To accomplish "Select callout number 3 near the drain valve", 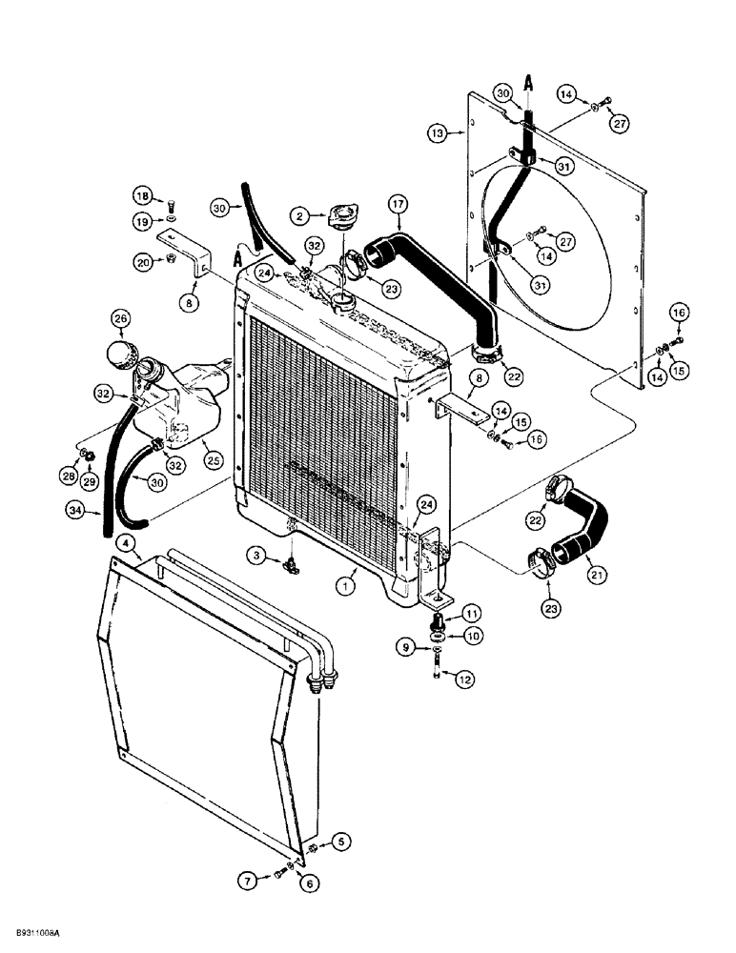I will tap(257, 553).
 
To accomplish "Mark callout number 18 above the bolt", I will tap(142, 195).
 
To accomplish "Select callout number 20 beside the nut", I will tap(142, 261).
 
